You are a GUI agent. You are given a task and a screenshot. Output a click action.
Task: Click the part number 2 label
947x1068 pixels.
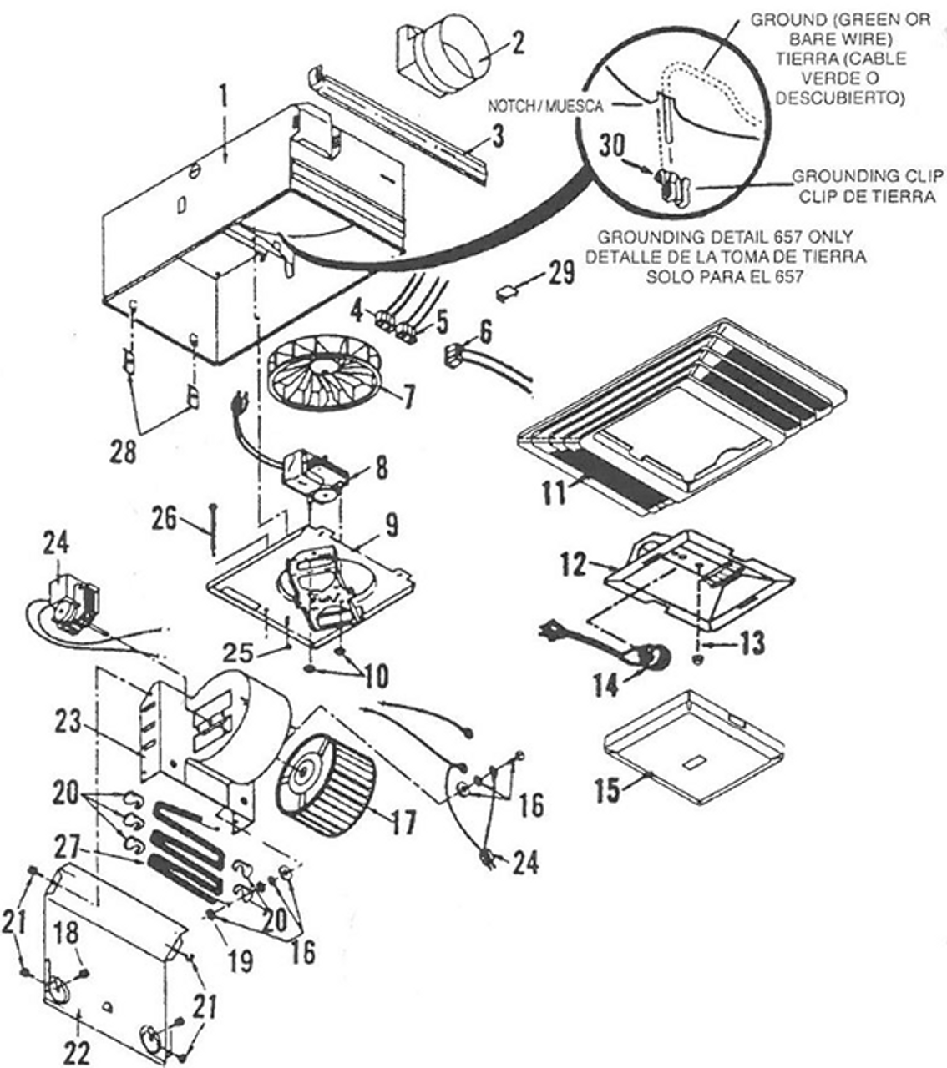519,43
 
